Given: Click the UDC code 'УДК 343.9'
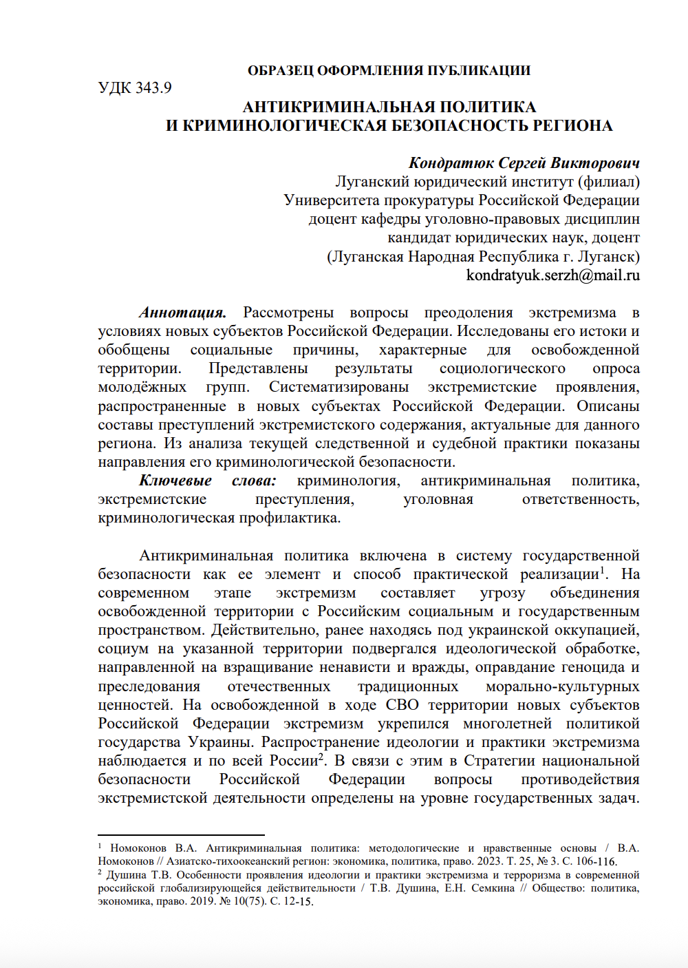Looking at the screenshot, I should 135,88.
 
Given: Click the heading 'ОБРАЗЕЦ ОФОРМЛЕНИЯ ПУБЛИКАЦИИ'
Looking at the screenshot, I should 389,70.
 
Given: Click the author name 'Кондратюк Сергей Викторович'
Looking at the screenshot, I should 524,163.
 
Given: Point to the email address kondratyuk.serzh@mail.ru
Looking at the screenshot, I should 552,275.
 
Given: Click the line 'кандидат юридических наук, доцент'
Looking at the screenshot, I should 513,238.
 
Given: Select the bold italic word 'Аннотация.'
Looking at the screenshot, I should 182,313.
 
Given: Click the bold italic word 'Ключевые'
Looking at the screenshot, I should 175,481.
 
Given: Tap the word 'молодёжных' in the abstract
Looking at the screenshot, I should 142,387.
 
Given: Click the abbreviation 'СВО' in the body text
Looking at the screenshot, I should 402,705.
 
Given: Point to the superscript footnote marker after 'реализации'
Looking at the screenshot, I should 603,569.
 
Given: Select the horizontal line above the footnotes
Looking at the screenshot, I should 181,834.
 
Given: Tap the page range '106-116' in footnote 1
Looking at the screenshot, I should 596,861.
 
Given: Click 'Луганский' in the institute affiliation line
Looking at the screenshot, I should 372,182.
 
